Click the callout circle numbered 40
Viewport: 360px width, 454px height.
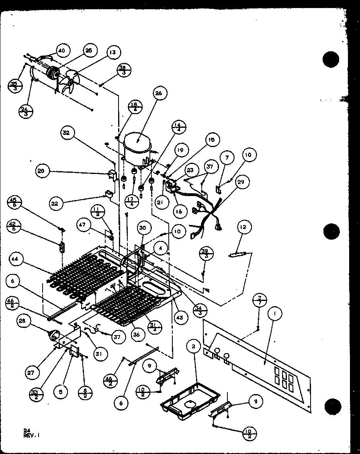[x=61, y=51]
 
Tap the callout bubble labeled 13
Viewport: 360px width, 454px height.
[x=113, y=52]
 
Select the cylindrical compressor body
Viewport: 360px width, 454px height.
[x=138, y=147]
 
